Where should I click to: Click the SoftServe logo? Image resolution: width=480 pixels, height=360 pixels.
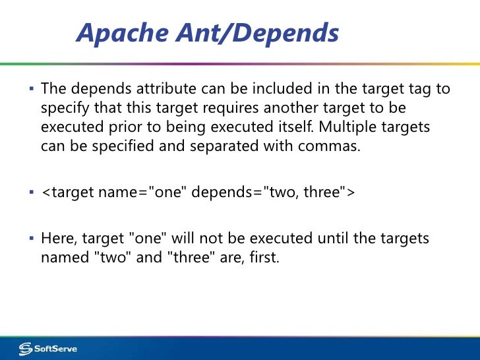[x=47, y=348]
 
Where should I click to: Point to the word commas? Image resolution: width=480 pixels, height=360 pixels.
[x=330, y=145]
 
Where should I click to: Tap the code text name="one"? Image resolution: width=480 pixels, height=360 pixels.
[x=133, y=192]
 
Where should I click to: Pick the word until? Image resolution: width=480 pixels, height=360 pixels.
[x=303, y=238]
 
